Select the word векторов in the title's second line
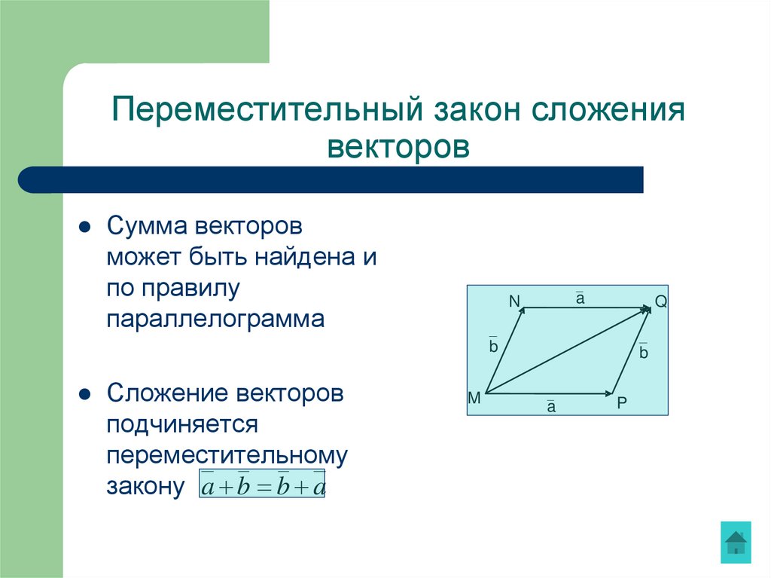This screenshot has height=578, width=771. point(398,145)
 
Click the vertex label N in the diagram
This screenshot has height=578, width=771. point(514,301)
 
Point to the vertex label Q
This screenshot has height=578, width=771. point(661,302)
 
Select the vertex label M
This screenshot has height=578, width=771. point(474,398)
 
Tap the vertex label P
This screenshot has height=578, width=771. point(621,402)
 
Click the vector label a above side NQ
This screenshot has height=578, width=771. point(581,299)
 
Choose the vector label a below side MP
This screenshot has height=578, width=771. point(550,407)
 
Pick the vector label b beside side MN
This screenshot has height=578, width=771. point(493,347)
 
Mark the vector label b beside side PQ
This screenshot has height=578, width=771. point(643,352)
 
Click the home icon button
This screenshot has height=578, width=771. point(735,542)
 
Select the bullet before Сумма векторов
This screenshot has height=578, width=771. point(86,227)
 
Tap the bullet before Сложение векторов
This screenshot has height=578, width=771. point(86,394)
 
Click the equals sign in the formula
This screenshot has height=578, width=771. point(263,488)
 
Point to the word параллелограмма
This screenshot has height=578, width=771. point(215,320)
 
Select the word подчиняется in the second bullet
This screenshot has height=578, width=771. point(182,424)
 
